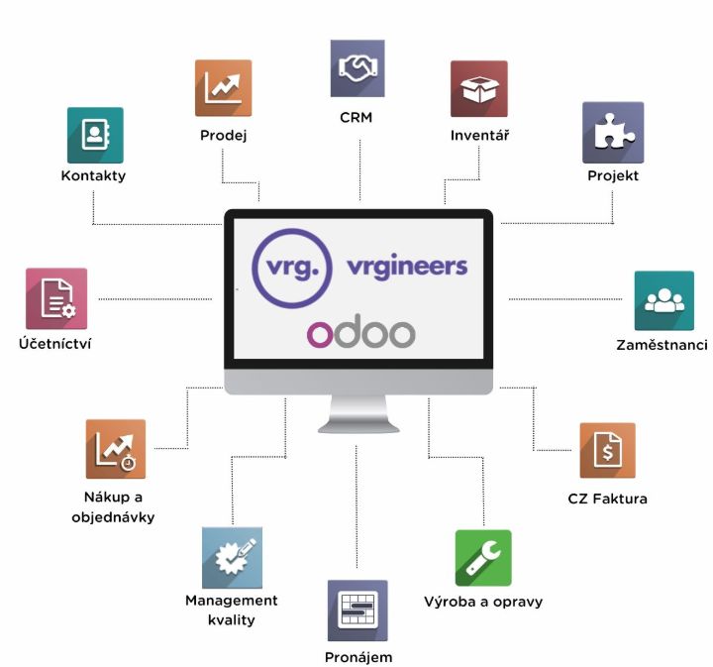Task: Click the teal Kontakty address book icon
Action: pos(95,135)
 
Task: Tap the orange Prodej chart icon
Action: pos(223,88)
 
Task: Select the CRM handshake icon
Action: pos(357,67)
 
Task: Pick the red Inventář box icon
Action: pos(478,89)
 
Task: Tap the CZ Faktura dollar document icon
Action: pos(607,451)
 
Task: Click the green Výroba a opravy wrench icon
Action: pos(483,558)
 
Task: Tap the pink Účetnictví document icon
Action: pos(56,298)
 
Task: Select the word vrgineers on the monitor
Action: pos(407,267)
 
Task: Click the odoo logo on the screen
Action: pos(360,333)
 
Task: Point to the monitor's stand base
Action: pos(357,425)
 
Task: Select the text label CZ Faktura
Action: pos(607,499)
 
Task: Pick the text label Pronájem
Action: pos(357,657)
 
